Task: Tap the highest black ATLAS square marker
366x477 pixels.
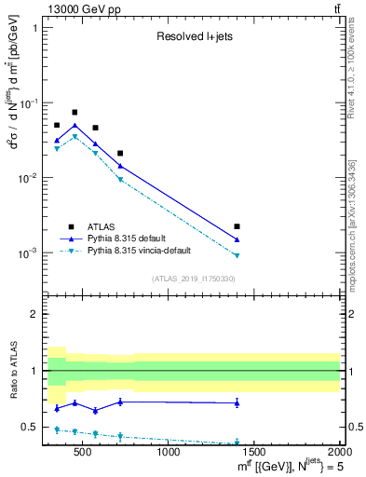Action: [x=75, y=112]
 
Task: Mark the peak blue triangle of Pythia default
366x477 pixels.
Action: [x=75, y=126]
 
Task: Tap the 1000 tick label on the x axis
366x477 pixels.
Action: [x=169, y=452]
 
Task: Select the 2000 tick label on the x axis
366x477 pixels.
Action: [x=338, y=452]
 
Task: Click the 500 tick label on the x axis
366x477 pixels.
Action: [x=83, y=452]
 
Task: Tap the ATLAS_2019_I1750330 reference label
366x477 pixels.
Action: [x=194, y=279]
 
